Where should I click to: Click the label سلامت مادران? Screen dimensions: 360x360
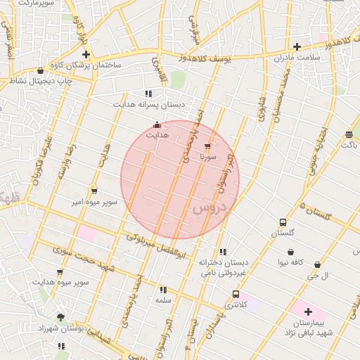tap(298, 57)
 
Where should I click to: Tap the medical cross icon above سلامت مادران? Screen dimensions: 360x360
tap(297, 46)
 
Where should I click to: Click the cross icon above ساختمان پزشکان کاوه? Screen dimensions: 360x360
tap(86, 54)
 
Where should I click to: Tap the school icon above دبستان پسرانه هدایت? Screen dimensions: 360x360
tap(148, 94)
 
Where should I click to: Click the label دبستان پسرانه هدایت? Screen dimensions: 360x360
tap(150, 104)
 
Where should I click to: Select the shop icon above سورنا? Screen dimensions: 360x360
tap(207, 147)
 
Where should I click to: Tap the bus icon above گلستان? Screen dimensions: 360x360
tap(283, 222)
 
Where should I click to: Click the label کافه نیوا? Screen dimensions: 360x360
tap(290, 262)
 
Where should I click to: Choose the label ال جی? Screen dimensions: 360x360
tap(321, 276)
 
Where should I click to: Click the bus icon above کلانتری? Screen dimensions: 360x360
tap(235, 295)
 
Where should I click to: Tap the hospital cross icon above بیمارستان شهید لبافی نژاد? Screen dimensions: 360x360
tap(308, 311)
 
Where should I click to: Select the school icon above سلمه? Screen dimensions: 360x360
tap(163, 290)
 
